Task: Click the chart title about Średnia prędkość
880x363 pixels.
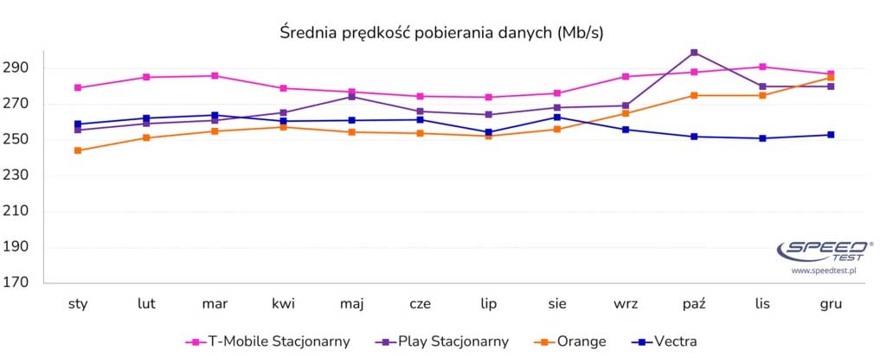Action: [x=441, y=33]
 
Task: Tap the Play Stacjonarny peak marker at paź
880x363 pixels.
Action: [x=694, y=53]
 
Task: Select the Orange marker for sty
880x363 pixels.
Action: [x=78, y=150]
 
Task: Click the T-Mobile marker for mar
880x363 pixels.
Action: [x=215, y=76]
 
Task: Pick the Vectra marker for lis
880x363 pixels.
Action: [x=761, y=138]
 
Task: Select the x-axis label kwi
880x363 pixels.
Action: [x=283, y=304]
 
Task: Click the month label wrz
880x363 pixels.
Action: [x=626, y=304]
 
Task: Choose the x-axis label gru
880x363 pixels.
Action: [x=830, y=304]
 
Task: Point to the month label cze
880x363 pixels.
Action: [x=420, y=304]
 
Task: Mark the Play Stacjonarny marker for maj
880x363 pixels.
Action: [x=351, y=97]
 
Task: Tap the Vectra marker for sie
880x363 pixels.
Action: [x=557, y=118]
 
